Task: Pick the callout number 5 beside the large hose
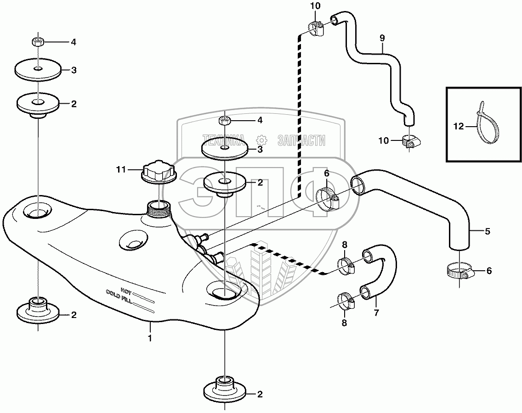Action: pyautogui.click(x=488, y=231)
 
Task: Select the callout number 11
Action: pyautogui.click(x=120, y=169)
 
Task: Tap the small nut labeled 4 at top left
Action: pyautogui.click(x=38, y=42)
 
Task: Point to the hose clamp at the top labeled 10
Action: pyautogui.click(x=315, y=28)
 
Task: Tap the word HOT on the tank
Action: pyautogui.click(x=126, y=290)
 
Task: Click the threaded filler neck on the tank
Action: pyautogui.click(x=159, y=210)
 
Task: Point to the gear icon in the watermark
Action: pyautogui.click(x=261, y=140)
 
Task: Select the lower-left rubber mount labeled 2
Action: pyautogui.click(x=38, y=310)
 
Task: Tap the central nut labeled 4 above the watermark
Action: pyautogui.click(x=224, y=121)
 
